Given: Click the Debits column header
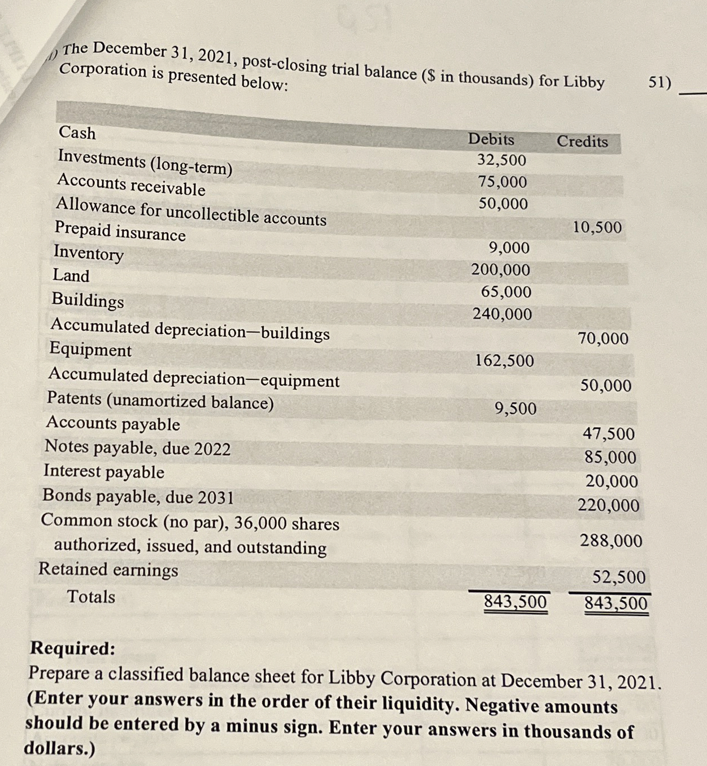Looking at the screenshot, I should (x=491, y=139).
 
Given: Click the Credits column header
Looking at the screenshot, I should (x=582, y=141).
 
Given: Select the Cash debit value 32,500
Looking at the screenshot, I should (x=501, y=160).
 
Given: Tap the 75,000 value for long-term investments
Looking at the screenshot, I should (x=502, y=182).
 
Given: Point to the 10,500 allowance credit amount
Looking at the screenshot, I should (x=597, y=227).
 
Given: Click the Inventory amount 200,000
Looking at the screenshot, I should (x=501, y=270).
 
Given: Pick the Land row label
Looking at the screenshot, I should (x=71, y=275).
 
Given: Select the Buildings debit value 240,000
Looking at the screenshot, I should (x=502, y=314).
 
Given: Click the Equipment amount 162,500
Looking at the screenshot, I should (x=504, y=361).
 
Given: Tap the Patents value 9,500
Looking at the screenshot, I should (x=515, y=409).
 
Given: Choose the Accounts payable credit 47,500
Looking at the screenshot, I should (x=608, y=434).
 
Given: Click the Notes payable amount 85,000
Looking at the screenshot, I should (x=610, y=457).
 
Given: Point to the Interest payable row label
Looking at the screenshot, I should (x=104, y=471).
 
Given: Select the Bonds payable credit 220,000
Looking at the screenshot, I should (x=608, y=505).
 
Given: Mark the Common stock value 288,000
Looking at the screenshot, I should (x=611, y=541).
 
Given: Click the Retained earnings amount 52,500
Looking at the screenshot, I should (x=618, y=577).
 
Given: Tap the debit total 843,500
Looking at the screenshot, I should (x=515, y=602).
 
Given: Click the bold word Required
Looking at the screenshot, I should (x=72, y=649).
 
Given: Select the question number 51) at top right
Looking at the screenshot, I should (x=659, y=83).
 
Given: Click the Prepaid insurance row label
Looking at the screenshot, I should (x=120, y=231).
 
